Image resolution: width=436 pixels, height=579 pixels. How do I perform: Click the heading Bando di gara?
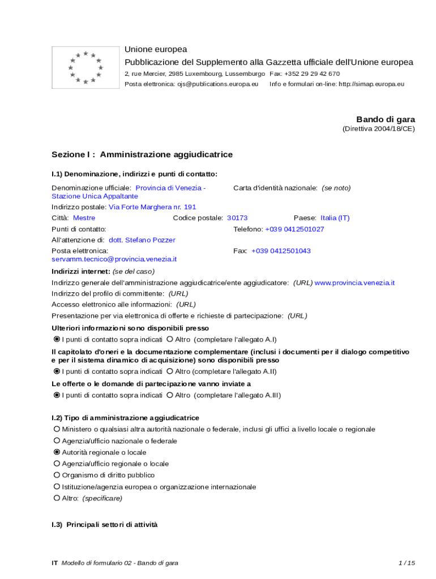(x=385, y=119)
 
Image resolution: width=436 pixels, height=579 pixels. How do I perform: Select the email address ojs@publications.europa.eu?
(x=217, y=84)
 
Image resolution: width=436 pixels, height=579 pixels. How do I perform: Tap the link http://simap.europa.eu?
(x=371, y=84)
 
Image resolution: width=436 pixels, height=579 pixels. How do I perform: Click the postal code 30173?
(x=237, y=218)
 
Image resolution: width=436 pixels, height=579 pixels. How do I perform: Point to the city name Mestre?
(x=84, y=218)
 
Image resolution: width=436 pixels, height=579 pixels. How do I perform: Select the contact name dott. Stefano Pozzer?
(x=142, y=240)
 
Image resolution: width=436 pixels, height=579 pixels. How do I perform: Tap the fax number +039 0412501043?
(x=281, y=250)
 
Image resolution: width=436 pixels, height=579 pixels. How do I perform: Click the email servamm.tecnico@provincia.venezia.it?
(x=114, y=259)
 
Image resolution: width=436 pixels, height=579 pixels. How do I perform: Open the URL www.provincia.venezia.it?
(x=354, y=282)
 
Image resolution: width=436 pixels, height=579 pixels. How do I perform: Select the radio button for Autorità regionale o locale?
(x=57, y=452)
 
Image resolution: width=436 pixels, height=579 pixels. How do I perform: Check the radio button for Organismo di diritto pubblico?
(x=57, y=475)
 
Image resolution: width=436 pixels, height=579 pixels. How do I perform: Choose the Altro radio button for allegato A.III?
(x=170, y=395)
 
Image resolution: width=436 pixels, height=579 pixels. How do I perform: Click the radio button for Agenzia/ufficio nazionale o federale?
(x=57, y=441)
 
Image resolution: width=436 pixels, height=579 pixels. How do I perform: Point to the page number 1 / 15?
(x=407, y=563)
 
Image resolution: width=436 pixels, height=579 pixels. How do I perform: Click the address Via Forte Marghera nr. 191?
(x=152, y=207)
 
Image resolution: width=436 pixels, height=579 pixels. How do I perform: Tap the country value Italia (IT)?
(x=335, y=218)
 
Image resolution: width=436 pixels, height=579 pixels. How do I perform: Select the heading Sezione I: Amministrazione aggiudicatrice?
(x=142, y=154)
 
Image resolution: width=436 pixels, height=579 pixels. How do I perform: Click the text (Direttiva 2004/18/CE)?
(x=378, y=129)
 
